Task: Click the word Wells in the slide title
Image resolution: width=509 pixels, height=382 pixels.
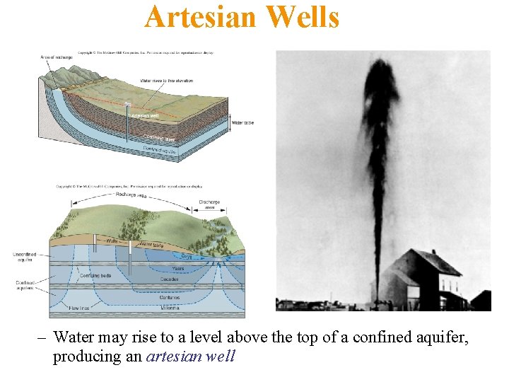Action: (303, 17)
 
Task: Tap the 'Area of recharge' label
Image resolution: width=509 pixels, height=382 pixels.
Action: (51, 56)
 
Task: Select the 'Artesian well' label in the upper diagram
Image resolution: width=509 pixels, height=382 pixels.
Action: (145, 115)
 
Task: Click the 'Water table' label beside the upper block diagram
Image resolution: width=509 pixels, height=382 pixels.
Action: (242, 123)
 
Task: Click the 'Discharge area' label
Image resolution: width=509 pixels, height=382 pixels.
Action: (209, 204)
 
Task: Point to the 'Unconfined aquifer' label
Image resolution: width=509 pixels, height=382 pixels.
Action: (25, 256)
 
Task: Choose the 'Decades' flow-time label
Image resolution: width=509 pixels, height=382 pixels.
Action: (170, 279)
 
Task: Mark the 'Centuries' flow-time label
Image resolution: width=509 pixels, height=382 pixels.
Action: (170, 298)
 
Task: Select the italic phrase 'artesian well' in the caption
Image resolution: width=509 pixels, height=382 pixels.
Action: (190, 356)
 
